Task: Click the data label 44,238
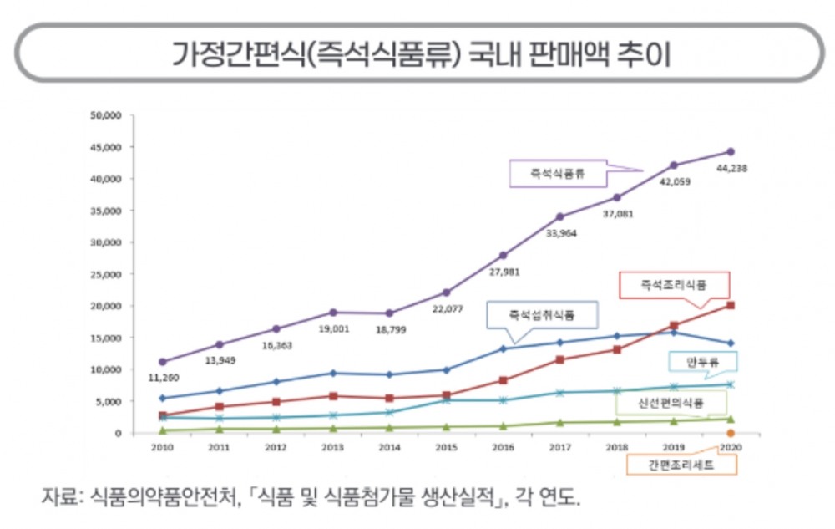(731, 168)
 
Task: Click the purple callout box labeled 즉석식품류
(557, 175)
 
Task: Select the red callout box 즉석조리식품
(674, 285)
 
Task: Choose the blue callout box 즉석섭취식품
(542, 316)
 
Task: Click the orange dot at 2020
(731, 433)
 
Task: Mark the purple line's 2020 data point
(731, 152)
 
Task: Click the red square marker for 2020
(731, 305)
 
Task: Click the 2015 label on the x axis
(446, 448)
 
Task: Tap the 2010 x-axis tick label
(162, 448)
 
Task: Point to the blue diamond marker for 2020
(731, 343)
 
